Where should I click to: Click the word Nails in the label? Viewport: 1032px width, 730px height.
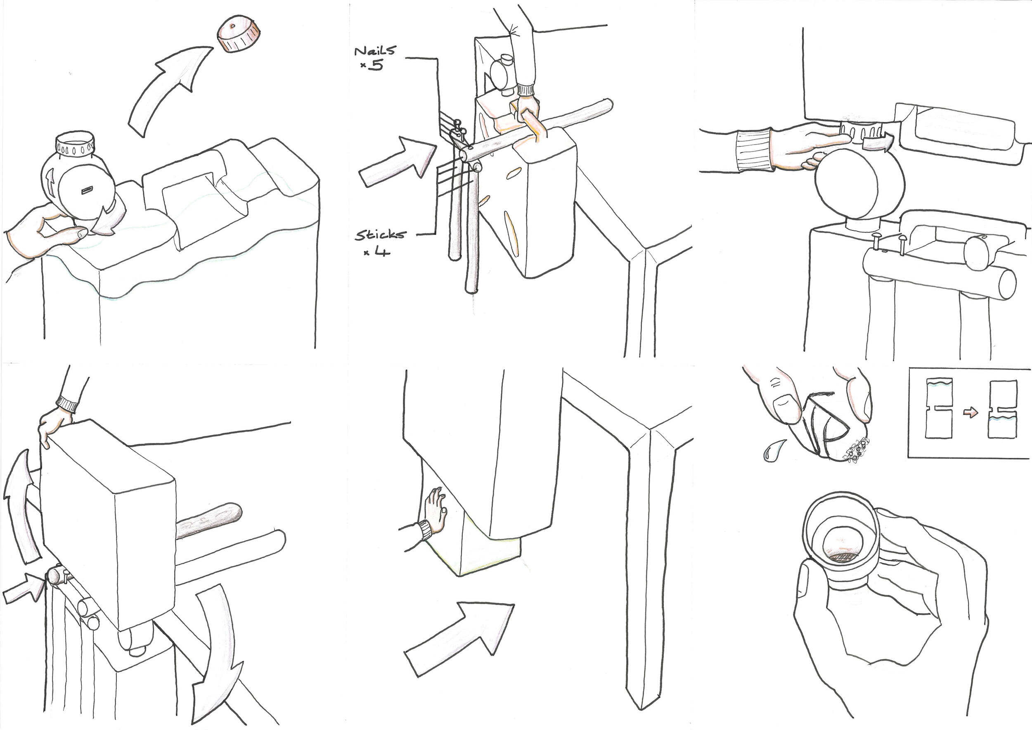point(375,51)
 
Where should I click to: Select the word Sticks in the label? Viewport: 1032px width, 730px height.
point(380,235)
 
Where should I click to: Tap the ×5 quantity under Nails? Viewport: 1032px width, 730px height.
point(373,66)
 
